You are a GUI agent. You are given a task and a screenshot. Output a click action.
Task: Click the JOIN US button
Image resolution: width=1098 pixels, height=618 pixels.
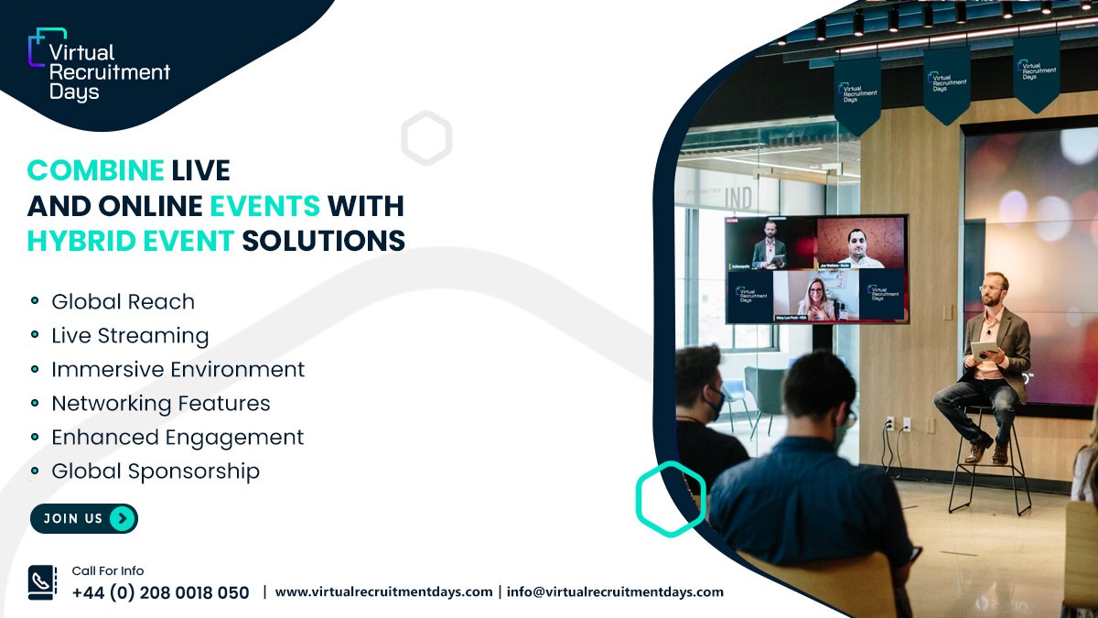point(83,518)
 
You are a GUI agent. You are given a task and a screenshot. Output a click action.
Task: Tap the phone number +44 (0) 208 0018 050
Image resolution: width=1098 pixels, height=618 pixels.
point(160,592)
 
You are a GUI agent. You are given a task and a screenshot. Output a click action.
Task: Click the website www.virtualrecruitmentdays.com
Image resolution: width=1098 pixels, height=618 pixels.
point(383,591)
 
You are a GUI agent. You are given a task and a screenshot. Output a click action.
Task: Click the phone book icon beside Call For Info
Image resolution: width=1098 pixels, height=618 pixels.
point(42,583)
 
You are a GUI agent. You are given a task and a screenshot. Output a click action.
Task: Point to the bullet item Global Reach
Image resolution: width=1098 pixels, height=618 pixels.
point(123,301)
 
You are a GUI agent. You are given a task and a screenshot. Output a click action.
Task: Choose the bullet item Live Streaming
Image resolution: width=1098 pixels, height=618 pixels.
point(130,335)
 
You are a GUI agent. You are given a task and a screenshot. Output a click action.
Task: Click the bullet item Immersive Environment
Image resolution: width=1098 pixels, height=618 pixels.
point(178,369)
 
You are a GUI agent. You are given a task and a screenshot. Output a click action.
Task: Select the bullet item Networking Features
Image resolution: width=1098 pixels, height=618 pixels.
point(160,403)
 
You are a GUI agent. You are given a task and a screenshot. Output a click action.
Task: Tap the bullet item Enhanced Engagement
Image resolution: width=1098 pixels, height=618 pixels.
point(178,437)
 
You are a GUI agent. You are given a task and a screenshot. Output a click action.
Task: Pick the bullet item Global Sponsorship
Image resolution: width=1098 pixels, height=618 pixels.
point(156,471)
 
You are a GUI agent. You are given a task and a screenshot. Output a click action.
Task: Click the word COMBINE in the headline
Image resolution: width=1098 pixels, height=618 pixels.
point(95,169)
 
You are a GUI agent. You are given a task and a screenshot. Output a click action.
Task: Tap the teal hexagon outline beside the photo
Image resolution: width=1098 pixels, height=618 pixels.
point(671,499)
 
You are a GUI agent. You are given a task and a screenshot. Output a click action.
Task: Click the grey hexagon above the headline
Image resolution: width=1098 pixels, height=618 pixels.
point(426,138)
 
